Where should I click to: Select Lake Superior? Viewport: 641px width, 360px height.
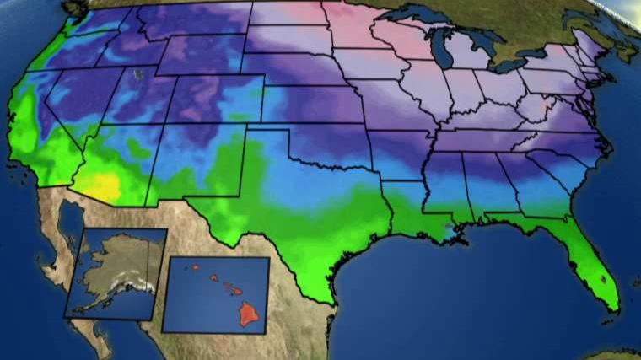[x=417, y=16]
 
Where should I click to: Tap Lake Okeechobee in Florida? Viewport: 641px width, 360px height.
[x=601, y=276]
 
